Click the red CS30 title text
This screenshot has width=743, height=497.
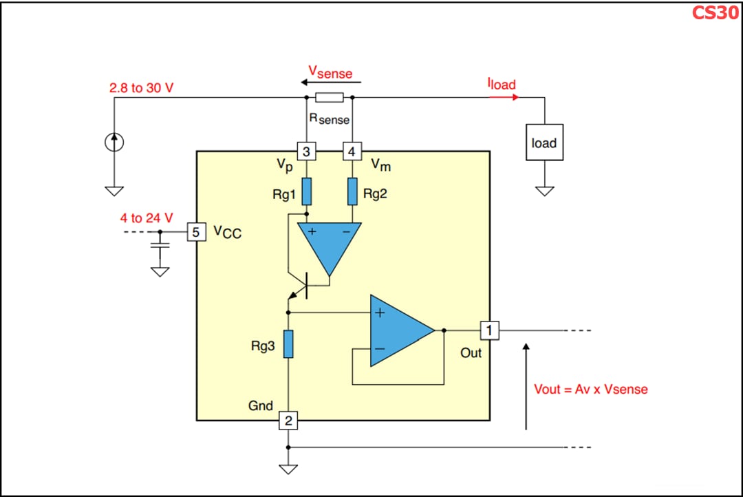pyautogui.click(x=715, y=12)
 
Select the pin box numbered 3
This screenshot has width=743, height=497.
pyautogui.click(x=306, y=151)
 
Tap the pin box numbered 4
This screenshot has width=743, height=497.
pyautogui.click(x=352, y=151)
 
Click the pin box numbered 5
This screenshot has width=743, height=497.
pyautogui.click(x=196, y=233)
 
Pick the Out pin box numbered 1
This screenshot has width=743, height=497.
pyautogui.click(x=489, y=330)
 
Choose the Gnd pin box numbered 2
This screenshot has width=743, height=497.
pyautogui.click(x=288, y=421)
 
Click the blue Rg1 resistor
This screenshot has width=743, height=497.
pyautogui.click(x=306, y=191)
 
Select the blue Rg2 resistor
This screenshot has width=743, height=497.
pyautogui.click(x=352, y=191)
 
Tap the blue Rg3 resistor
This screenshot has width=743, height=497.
pyautogui.click(x=288, y=344)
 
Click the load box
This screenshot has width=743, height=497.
pyautogui.click(x=544, y=142)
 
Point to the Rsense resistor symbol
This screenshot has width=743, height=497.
pyautogui.click(x=329, y=97)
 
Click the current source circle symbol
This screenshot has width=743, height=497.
pyautogui.click(x=114, y=142)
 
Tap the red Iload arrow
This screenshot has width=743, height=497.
pyautogui.click(x=504, y=97)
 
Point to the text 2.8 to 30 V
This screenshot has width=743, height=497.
pyautogui.click(x=141, y=88)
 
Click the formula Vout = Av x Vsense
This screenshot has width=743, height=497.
pyautogui.click(x=590, y=389)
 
